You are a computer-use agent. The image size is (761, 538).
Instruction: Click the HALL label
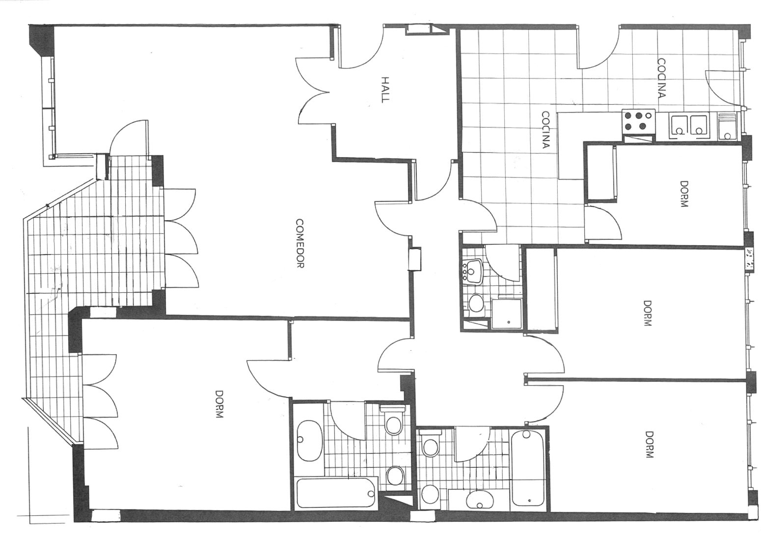[384, 90]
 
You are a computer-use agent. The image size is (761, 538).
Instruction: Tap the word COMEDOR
[299, 243]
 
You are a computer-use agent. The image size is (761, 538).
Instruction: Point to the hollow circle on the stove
[648, 115]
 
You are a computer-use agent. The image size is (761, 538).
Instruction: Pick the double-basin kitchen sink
[689, 126]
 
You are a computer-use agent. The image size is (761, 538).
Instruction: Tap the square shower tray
[506, 314]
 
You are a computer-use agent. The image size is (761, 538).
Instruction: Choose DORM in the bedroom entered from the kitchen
[683, 194]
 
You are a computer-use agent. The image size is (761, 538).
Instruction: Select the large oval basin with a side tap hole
[309, 441]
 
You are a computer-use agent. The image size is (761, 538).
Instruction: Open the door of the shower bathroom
[503, 262]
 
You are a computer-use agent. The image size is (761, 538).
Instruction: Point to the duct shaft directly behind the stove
[639, 139]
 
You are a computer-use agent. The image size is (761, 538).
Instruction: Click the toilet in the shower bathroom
[476, 303]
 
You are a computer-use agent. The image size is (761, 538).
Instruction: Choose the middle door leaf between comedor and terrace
[182, 237]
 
